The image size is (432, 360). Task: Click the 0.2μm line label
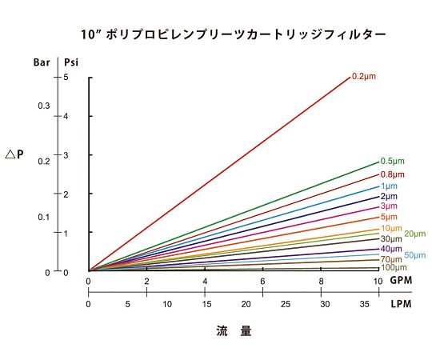pyautogui.click(x=363, y=76)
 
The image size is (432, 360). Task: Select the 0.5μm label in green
pyautogui.click(x=392, y=162)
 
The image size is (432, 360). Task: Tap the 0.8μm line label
pyautogui.click(x=392, y=174)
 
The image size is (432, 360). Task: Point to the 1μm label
pyautogui.click(x=389, y=186)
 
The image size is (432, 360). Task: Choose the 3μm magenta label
pyautogui.click(x=389, y=206)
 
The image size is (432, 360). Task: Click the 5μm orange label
pyautogui.click(x=389, y=217)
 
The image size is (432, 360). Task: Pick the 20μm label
pyautogui.click(x=414, y=234)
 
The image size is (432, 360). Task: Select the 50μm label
pyautogui.click(x=414, y=254)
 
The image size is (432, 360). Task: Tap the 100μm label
pyautogui.click(x=393, y=267)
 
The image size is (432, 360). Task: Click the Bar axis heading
pyautogui.click(x=42, y=61)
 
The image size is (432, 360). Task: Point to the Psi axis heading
pyautogui.click(x=72, y=61)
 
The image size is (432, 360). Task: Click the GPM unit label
pyautogui.click(x=401, y=282)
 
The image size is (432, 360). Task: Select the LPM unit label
pyautogui.click(x=401, y=305)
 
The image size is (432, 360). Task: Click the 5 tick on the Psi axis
pyautogui.click(x=66, y=77)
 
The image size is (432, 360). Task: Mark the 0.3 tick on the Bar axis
pyautogui.click(x=44, y=106)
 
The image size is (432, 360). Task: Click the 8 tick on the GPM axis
pyautogui.click(x=321, y=282)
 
